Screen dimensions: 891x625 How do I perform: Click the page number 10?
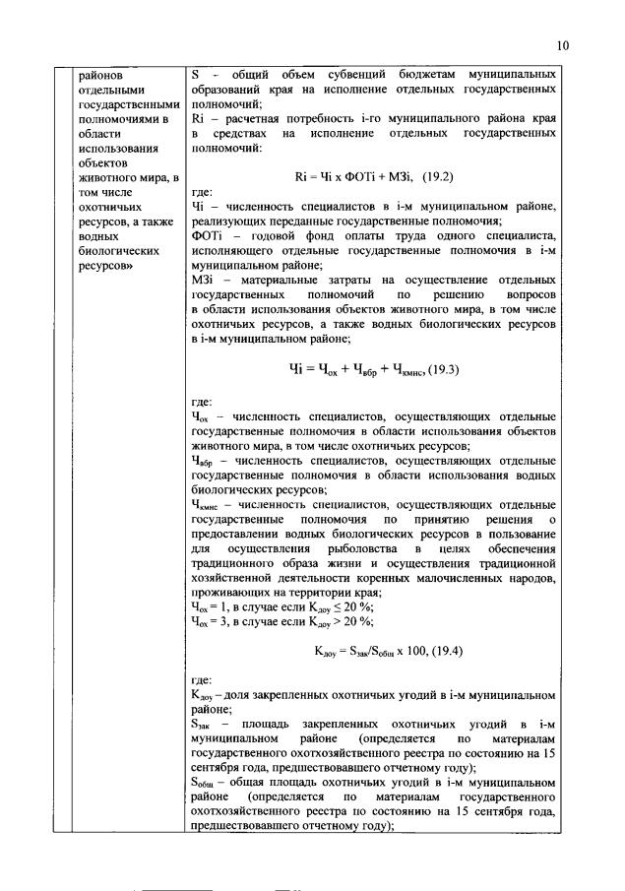pyautogui.click(x=562, y=45)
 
